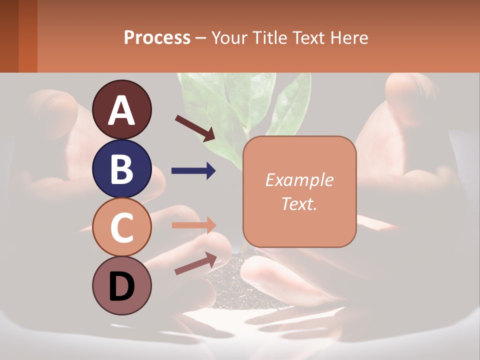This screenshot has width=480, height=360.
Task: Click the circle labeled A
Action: pos(121,109)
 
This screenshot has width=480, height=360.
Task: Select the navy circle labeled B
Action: pos(121,168)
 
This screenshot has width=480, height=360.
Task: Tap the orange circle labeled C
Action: pos(121,227)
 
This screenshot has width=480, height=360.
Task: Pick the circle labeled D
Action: pos(121,286)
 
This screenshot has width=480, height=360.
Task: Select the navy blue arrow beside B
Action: pos(193,171)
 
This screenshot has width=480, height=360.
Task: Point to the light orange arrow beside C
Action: pos(193,225)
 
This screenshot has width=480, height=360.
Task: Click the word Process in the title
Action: pos(157,37)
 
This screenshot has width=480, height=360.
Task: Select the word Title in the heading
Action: pos(269,37)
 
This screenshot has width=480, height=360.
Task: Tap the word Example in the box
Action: pos(299,180)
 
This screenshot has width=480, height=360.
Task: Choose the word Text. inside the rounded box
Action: pos(299,203)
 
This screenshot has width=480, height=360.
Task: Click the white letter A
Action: pos(121,110)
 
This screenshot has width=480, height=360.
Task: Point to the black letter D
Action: pos(121,287)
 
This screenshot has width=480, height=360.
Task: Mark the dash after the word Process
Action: pos(201,38)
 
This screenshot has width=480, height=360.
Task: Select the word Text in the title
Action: pos(307,37)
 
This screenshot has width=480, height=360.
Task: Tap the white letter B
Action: pos(121,169)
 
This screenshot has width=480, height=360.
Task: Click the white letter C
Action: pos(121,228)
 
